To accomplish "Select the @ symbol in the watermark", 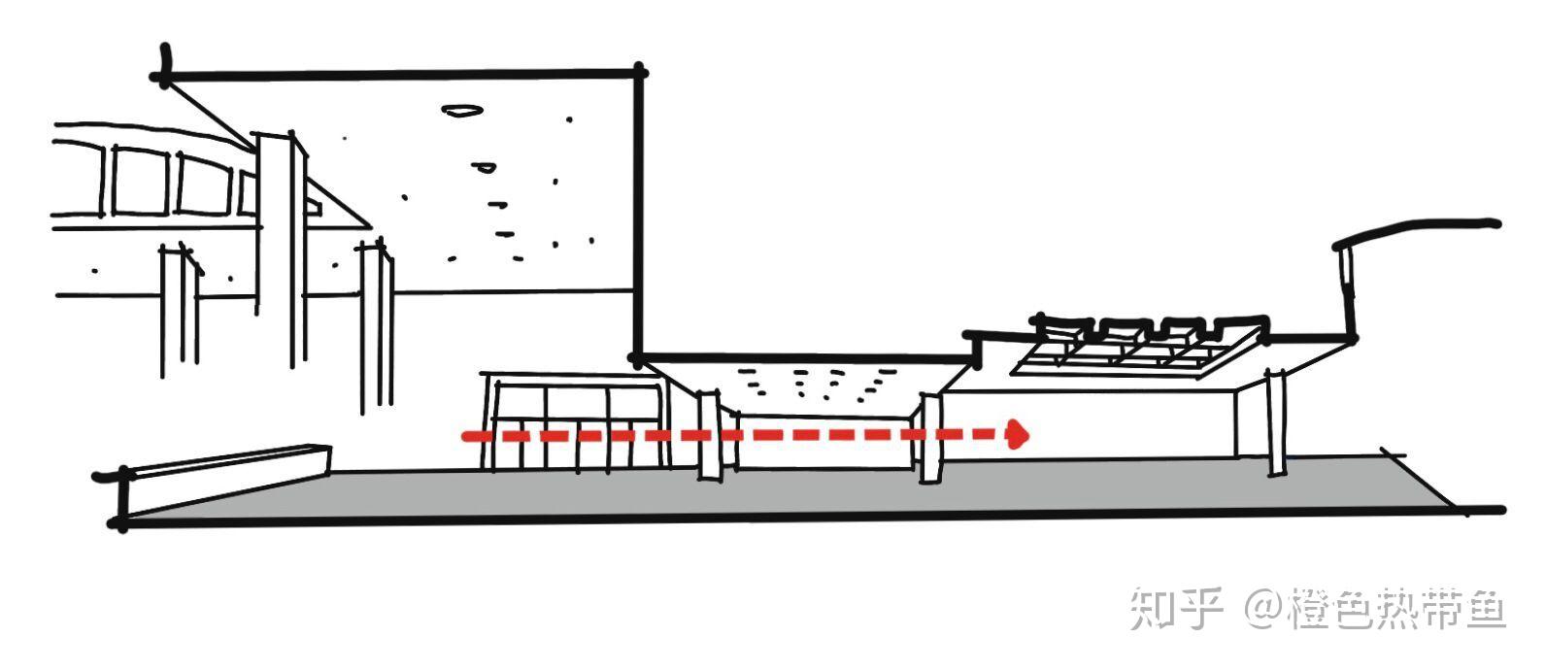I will tap(1264, 609).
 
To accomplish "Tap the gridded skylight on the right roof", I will tap(1136, 347).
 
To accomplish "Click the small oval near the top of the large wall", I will tap(461, 111).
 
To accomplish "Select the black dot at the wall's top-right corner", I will tap(640, 70).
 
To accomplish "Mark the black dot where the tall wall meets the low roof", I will tap(636, 358).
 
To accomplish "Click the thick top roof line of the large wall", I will tap(398, 74).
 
